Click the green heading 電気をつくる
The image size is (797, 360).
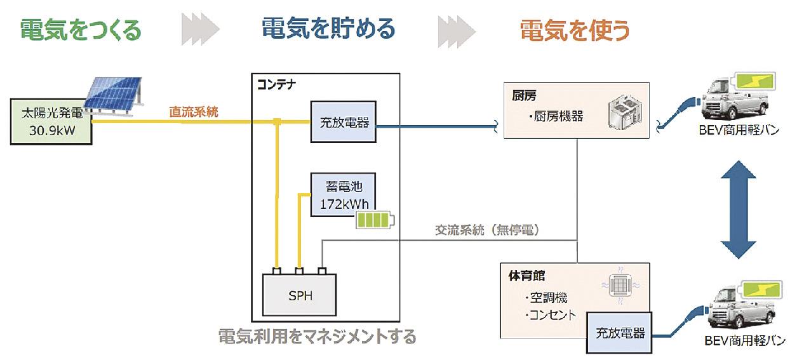pyautogui.click(x=81, y=29)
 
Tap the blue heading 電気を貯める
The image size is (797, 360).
pyautogui.click(x=328, y=29)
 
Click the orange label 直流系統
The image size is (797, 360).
pyautogui.click(x=194, y=112)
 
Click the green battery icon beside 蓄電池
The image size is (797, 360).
pyautogui.click(x=374, y=221)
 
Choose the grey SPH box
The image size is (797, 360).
pyautogui.click(x=300, y=296)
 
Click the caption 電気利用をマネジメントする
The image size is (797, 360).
pyautogui.click(x=317, y=336)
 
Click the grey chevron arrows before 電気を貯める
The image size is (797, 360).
pyautogui.click(x=201, y=29)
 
